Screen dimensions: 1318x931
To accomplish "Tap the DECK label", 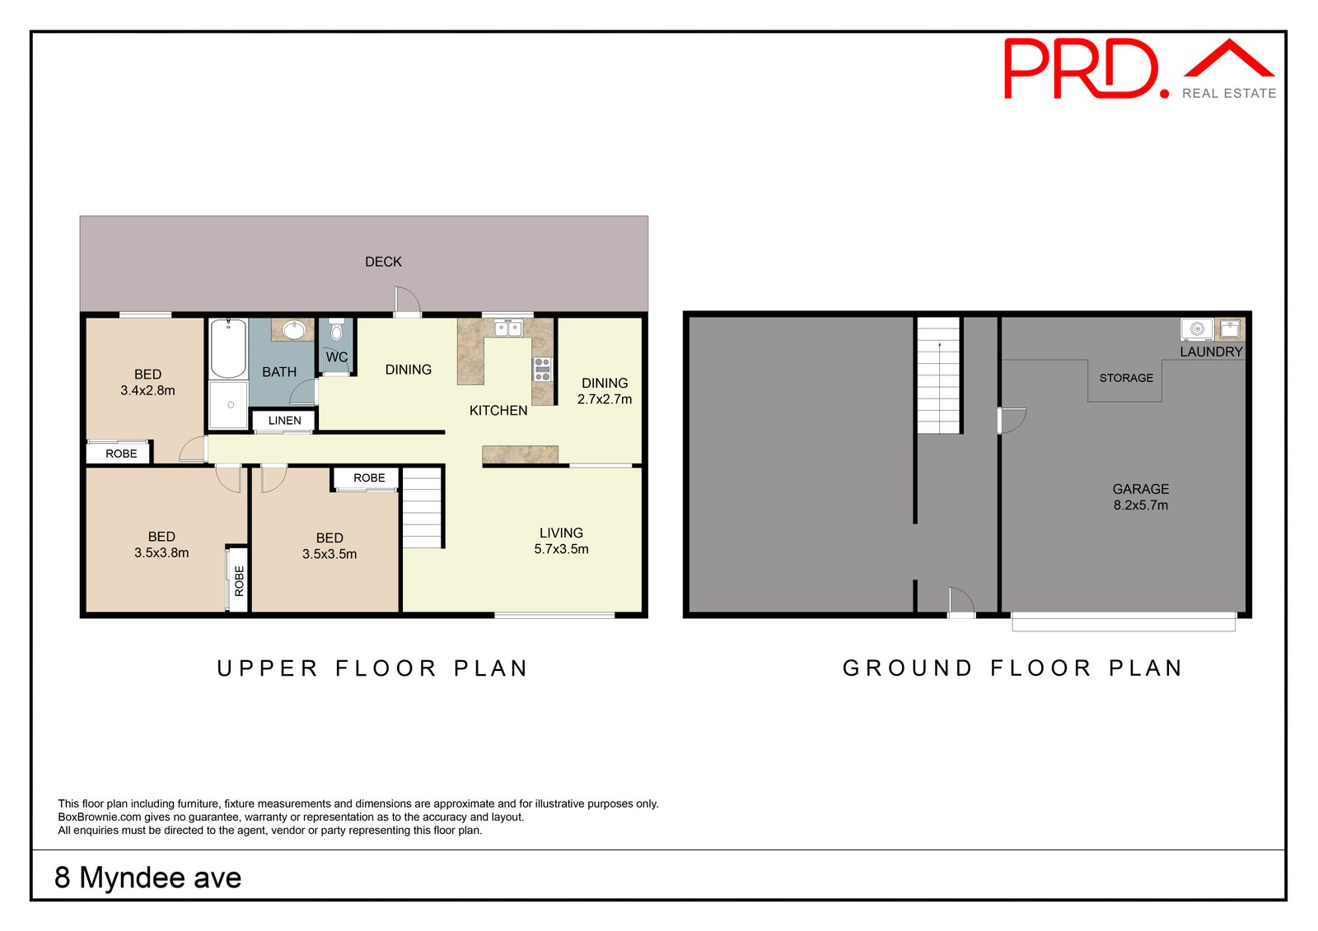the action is pyautogui.click(x=383, y=262).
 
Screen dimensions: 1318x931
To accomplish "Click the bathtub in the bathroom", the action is pyautogui.click(x=228, y=348).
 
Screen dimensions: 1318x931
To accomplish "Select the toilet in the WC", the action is pyautogui.click(x=336, y=330).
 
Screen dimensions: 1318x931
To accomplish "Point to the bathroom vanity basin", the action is pyautogui.click(x=293, y=330).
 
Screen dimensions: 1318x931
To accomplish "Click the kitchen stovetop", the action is pyautogui.click(x=543, y=370).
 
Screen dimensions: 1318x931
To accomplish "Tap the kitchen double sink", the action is pyautogui.click(x=508, y=328).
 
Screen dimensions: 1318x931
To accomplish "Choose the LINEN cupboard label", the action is pyautogui.click(x=285, y=421).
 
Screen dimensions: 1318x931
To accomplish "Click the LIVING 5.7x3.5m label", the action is pyautogui.click(x=561, y=541).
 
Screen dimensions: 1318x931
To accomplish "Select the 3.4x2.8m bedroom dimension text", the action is pyautogui.click(x=147, y=390).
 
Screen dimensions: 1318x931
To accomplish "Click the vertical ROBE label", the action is pyautogui.click(x=239, y=581).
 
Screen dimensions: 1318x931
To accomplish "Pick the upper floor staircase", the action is pyautogui.click(x=422, y=508).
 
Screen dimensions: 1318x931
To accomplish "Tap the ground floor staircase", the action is pyautogui.click(x=939, y=375).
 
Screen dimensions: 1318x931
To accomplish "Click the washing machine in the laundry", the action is pyautogui.click(x=1197, y=329).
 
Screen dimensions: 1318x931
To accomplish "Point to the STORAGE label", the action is pyautogui.click(x=1126, y=378).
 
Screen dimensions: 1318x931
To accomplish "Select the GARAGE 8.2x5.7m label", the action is pyautogui.click(x=1140, y=497).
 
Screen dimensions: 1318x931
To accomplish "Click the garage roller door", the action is pyautogui.click(x=1124, y=622).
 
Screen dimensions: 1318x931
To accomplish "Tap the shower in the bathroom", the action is pyautogui.click(x=228, y=405).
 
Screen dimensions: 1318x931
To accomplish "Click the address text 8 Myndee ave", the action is pyautogui.click(x=147, y=877).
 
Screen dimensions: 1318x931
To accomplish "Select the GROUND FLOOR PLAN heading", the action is pyautogui.click(x=1012, y=668).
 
